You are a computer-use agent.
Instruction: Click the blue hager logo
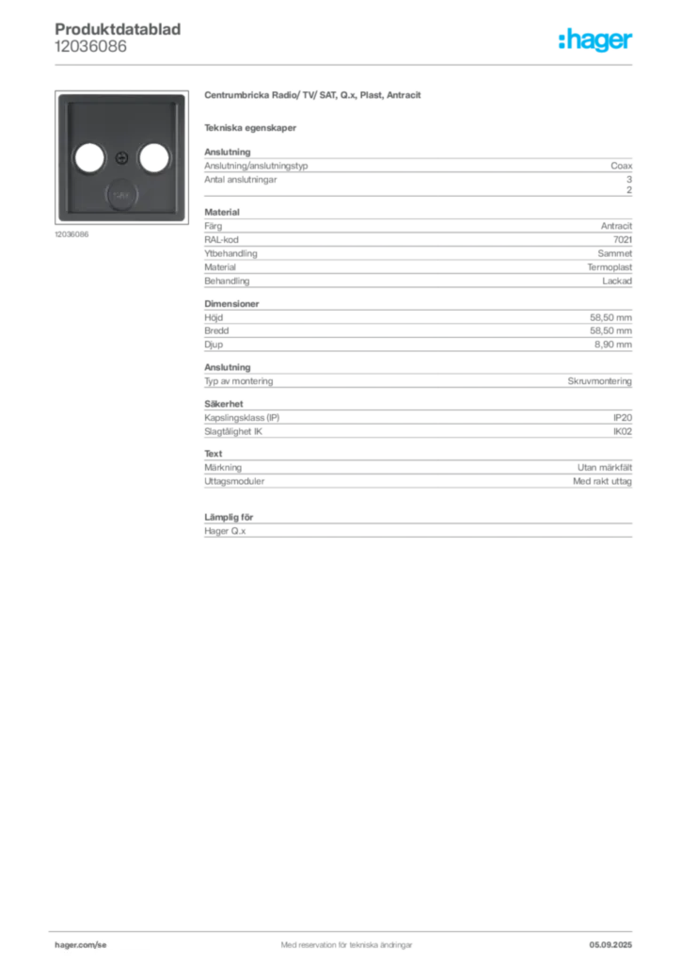click(596, 40)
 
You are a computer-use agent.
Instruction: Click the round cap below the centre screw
click(119, 195)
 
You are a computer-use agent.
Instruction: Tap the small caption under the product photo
click(71, 234)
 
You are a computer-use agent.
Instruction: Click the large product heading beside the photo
click(315, 96)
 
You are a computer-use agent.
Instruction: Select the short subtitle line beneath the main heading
click(252, 127)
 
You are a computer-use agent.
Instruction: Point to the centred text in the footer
click(340, 939)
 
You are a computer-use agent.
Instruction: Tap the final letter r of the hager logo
click(629, 42)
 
